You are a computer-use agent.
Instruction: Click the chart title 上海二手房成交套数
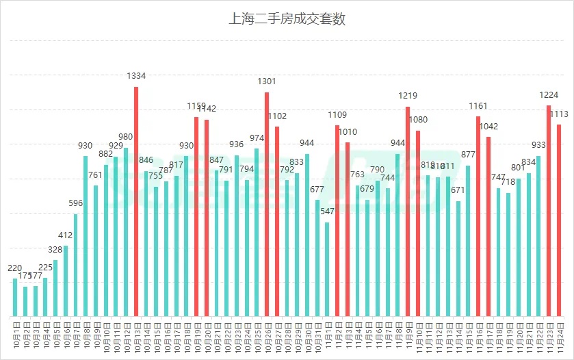[x=287, y=19]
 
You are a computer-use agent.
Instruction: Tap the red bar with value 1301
[x=267, y=205]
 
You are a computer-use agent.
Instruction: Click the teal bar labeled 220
[x=15, y=298]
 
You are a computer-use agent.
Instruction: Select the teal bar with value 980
[x=126, y=233]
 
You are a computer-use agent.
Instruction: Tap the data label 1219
[x=408, y=96]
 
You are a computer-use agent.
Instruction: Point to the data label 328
[x=55, y=250]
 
